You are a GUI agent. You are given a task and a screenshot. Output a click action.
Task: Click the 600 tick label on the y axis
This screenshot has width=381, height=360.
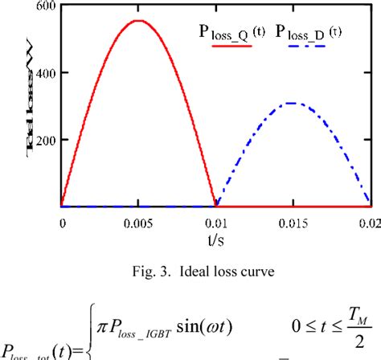(44, 7)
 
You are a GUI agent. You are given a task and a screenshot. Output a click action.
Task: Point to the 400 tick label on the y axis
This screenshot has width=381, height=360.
(44, 73)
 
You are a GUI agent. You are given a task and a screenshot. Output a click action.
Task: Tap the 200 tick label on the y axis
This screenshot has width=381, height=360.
(44, 140)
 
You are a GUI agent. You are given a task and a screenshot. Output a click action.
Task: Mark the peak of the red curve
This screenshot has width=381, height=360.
(138, 21)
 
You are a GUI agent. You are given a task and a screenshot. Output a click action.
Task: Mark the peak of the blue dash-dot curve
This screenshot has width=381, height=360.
(292, 103)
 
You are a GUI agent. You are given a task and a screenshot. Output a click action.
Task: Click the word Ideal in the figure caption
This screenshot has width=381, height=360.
(188, 270)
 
